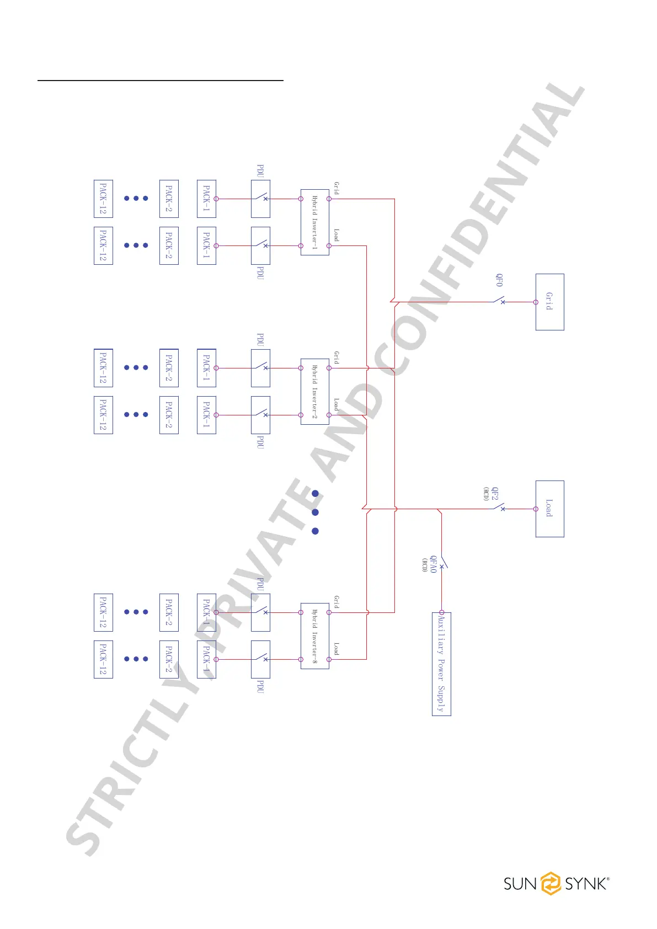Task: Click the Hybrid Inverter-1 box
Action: pyautogui.click(x=314, y=222)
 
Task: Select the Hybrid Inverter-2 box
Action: pyautogui.click(x=314, y=392)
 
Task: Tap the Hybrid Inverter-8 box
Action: pyautogui.click(x=314, y=636)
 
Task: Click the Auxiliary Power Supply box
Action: pyautogui.click(x=441, y=664)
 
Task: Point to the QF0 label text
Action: pyautogui.click(x=499, y=280)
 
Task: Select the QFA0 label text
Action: pyautogui.click(x=434, y=564)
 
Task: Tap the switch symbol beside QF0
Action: pyautogui.click(x=499, y=301)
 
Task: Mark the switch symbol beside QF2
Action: pyautogui.click(x=499, y=508)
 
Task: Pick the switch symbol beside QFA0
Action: pyautogui.click(x=442, y=563)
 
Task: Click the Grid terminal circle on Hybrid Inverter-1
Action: pyautogui.click(x=329, y=199)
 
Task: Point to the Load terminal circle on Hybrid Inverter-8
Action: pyautogui.click(x=329, y=659)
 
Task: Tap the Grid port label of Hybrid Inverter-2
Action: pyautogui.click(x=336, y=357)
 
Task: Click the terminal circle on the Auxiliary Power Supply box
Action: pyautogui.click(x=441, y=612)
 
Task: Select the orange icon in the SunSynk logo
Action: pyautogui.click(x=550, y=883)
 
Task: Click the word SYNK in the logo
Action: pyautogui.click(x=585, y=884)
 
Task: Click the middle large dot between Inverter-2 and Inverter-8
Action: pyautogui.click(x=316, y=512)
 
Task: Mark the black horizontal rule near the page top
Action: pyautogui.click(x=160, y=81)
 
